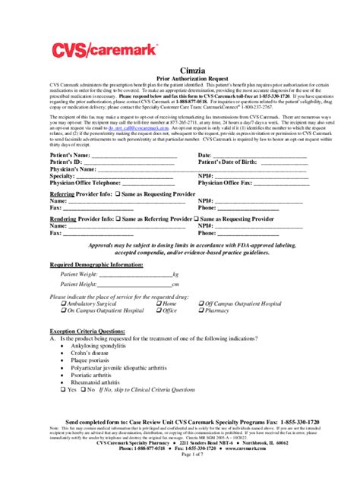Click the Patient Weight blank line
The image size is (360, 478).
[134, 273]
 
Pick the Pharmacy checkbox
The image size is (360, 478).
[202, 310]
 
